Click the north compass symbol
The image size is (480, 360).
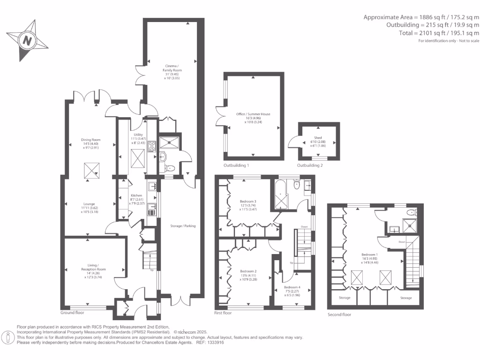point(27,40)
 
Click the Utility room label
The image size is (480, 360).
point(138,137)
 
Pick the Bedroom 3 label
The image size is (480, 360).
point(248,204)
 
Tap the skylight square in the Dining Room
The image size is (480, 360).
point(90,171)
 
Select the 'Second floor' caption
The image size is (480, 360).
point(339,315)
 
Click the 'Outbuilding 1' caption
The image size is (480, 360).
point(236,165)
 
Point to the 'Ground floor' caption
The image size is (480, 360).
point(72,312)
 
